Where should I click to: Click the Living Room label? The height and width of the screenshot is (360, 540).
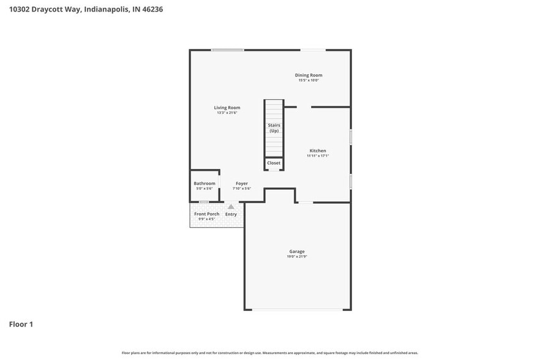227,108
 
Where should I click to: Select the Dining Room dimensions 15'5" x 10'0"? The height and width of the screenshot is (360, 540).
309,80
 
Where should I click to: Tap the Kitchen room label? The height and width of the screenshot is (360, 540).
318,151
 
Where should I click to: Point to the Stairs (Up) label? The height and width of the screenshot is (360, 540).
274,128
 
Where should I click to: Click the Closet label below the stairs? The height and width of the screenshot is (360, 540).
274,163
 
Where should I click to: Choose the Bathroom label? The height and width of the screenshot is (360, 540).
204,184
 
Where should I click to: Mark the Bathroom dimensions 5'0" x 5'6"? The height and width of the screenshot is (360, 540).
204,189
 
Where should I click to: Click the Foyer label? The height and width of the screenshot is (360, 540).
242,184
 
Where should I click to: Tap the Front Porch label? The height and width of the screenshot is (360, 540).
207,214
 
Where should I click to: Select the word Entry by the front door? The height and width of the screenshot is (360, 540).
231,214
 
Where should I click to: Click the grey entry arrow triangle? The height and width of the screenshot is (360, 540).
231,207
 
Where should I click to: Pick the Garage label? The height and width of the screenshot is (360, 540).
297,251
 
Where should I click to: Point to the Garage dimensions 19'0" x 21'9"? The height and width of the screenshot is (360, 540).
297,256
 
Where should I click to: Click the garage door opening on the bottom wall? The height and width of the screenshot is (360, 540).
298,309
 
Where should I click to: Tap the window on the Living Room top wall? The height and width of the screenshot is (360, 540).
227,50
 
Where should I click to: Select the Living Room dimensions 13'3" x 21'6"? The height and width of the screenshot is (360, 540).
227,113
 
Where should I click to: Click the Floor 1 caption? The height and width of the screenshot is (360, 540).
21,324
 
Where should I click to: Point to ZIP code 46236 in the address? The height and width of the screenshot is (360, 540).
152,9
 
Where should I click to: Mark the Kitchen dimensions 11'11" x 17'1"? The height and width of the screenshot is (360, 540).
318,156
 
